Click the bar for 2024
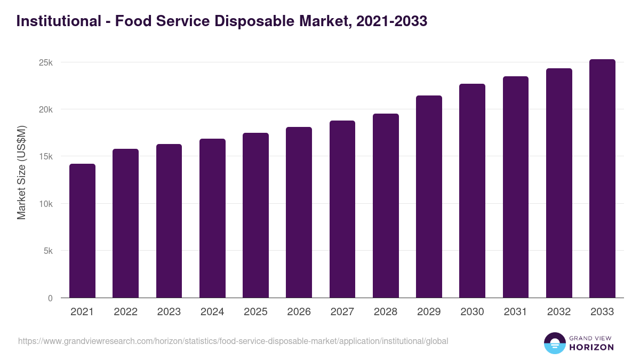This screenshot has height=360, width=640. click(x=212, y=218)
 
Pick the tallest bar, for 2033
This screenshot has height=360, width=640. click(x=602, y=178)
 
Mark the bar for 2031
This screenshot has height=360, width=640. click(x=516, y=187)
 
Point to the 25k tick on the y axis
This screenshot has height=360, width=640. click(x=46, y=62)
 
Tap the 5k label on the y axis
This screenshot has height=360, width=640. click(x=49, y=251)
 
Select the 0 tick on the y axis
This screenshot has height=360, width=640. click(x=50, y=298)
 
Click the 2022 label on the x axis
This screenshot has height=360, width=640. click(x=125, y=312)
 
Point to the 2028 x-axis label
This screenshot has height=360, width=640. click(x=386, y=312)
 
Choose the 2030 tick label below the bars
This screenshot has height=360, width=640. click(x=472, y=312)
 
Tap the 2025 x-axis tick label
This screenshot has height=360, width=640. click(x=255, y=312)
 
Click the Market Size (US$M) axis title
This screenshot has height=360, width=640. click(x=21, y=172)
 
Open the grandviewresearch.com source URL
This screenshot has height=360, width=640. click(x=233, y=341)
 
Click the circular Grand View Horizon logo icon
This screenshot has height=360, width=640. click(x=554, y=343)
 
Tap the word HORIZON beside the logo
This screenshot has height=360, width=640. click(x=591, y=347)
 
